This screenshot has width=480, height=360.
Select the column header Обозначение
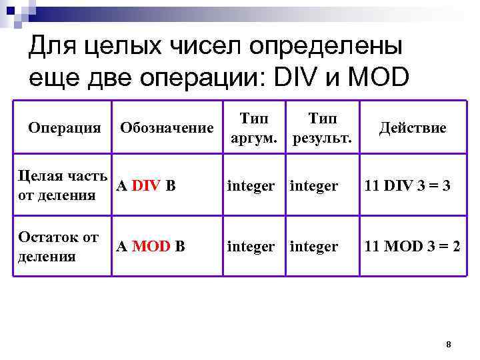tap(167, 127)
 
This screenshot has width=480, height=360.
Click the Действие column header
tap(413, 127)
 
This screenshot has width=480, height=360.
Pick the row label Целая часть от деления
tap(62, 185)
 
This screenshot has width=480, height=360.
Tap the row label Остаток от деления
tap(58, 246)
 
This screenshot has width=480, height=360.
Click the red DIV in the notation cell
tap(145, 185)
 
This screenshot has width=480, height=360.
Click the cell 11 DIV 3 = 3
tap(407, 186)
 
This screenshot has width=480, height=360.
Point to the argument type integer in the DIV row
tap(251, 186)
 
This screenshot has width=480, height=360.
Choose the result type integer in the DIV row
tap(313, 186)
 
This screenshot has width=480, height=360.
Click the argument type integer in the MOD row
tap(251, 247)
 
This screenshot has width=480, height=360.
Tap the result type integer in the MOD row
tap(313, 247)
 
